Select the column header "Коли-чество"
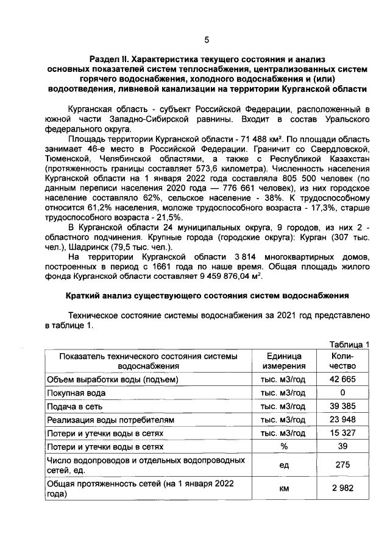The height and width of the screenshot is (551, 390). coord(342,361)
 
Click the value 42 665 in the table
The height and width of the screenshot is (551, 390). coord(342,380)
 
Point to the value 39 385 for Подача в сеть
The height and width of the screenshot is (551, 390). coord(342,406)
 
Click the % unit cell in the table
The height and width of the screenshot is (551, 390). coord(282,446)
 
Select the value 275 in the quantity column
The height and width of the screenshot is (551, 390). coord(342,465)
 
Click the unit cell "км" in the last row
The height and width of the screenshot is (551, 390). coord(282,488)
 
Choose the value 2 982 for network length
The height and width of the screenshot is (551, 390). coord(342,488)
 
